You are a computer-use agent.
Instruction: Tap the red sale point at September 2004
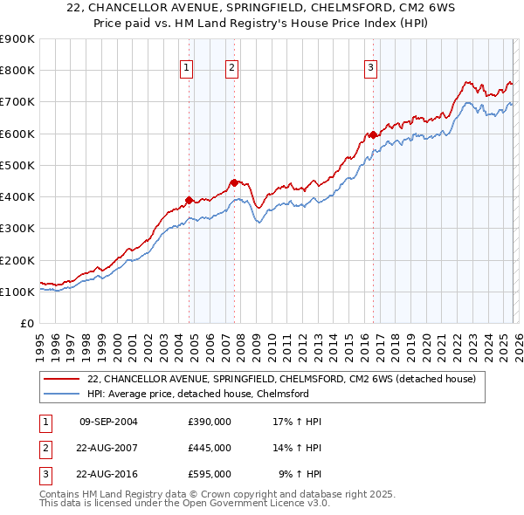[x=190, y=200]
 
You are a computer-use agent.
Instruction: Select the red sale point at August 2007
[x=234, y=182]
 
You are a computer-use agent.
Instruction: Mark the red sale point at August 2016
[x=373, y=134]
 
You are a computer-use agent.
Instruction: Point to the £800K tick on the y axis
[x=17, y=71]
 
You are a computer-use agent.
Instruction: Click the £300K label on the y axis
[x=17, y=229]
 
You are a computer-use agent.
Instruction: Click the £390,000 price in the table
[x=210, y=422]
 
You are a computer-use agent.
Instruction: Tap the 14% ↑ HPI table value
[x=296, y=448]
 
